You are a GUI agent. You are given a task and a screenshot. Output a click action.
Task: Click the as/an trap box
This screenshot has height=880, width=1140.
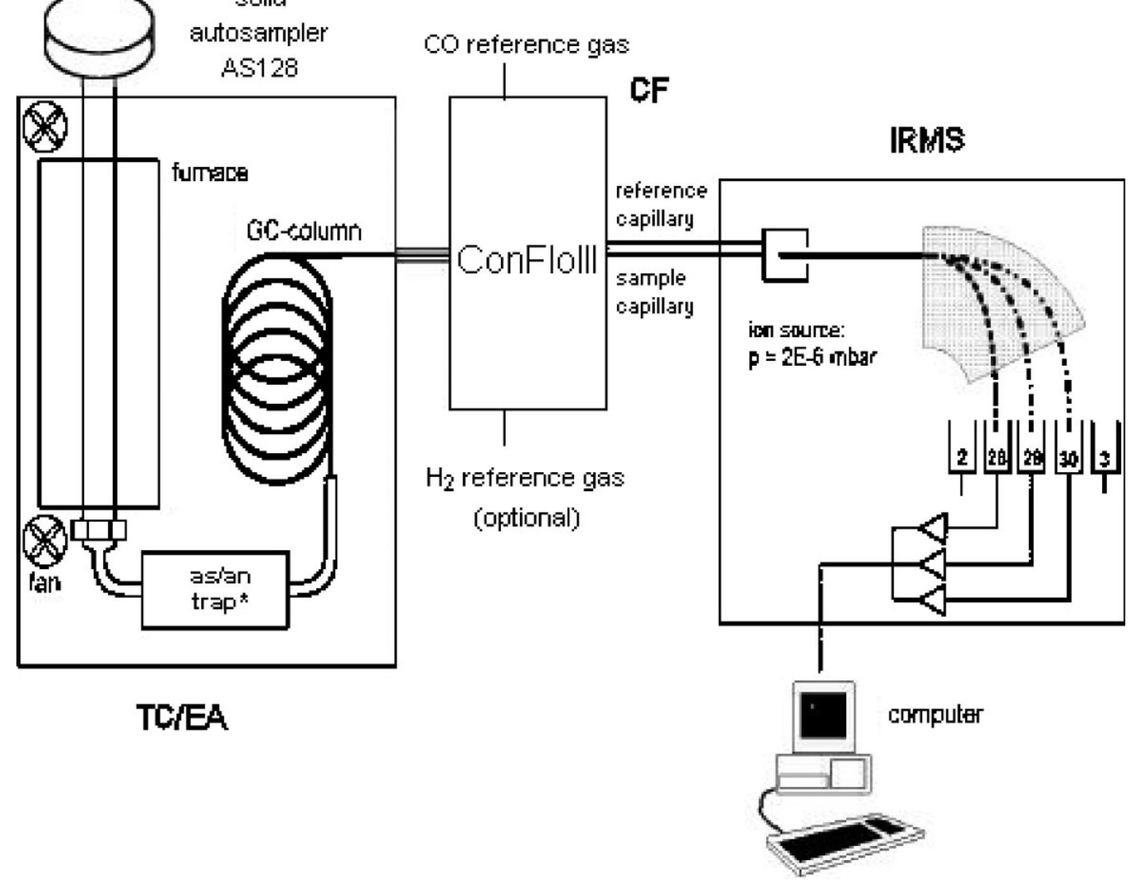tap(215, 590)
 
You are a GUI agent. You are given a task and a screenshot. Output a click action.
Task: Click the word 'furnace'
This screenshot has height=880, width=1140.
tap(210, 173)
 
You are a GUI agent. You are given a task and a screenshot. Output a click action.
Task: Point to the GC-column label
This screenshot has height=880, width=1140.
tap(304, 231)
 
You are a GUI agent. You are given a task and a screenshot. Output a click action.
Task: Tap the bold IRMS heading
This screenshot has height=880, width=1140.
tap(926, 140)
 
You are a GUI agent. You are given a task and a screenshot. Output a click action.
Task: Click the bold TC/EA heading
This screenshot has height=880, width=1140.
tap(182, 718)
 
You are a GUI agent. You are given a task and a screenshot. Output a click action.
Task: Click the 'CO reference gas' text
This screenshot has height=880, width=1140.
tap(526, 45)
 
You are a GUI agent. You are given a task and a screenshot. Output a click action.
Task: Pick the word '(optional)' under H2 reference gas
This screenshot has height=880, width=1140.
tap(527, 518)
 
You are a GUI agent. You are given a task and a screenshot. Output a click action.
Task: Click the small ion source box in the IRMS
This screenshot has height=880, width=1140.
tap(785, 255)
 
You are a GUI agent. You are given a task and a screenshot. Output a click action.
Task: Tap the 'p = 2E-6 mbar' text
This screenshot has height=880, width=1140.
tap(812, 358)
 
